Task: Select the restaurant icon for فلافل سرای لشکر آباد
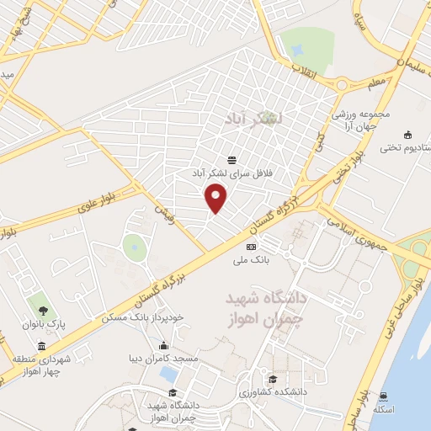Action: tap(232, 160)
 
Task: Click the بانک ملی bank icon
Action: tap(251, 246)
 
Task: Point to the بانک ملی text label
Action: tap(251, 260)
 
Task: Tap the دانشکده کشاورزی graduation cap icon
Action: tap(272, 377)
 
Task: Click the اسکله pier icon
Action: tap(384, 396)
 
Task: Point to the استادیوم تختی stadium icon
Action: tap(407, 136)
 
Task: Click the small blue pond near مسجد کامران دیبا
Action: tap(168, 374)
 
